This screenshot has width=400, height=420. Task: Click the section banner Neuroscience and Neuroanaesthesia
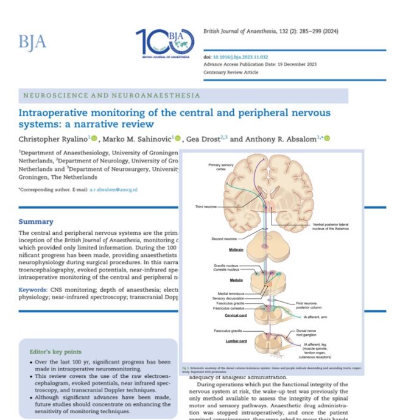(x=111, y=96)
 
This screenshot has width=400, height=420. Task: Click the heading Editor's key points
(x=60, y=351)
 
